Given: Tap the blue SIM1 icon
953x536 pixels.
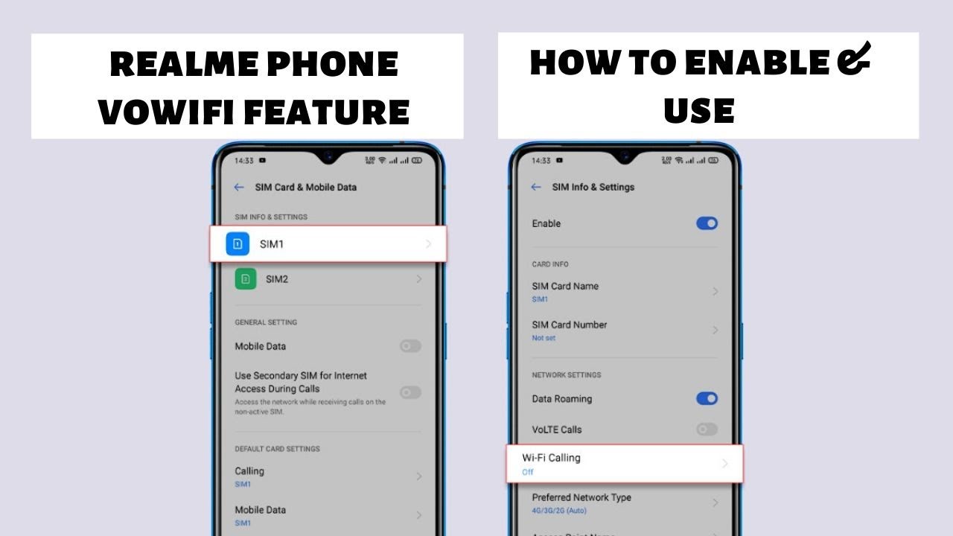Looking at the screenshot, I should [238, 244].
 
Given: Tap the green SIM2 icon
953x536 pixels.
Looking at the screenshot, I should [246, 279].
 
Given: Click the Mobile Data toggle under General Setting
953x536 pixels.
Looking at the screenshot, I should [410, 346].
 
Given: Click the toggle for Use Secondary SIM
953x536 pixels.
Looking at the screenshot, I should [410, 392].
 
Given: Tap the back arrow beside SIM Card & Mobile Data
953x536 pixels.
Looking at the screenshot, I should [239, 188].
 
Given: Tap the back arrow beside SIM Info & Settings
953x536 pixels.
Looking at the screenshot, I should [536, 188].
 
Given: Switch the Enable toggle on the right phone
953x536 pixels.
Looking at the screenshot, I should [707, 223].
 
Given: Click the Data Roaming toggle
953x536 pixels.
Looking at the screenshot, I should [707, 399].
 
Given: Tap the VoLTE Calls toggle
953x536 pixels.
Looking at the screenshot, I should [707, 430].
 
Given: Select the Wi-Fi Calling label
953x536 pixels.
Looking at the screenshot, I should [551, 458].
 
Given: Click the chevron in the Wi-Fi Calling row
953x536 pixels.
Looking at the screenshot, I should [724, 464].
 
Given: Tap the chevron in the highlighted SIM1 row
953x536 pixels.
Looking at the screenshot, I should [429, 244].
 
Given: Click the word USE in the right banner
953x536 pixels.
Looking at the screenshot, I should [699, 112].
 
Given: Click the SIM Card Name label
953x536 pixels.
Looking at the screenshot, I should [565, 286].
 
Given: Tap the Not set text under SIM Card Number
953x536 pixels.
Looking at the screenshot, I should [544, 338].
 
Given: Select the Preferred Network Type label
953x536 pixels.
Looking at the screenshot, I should [581, 497].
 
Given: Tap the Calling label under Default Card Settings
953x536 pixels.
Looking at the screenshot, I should [249, 471].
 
